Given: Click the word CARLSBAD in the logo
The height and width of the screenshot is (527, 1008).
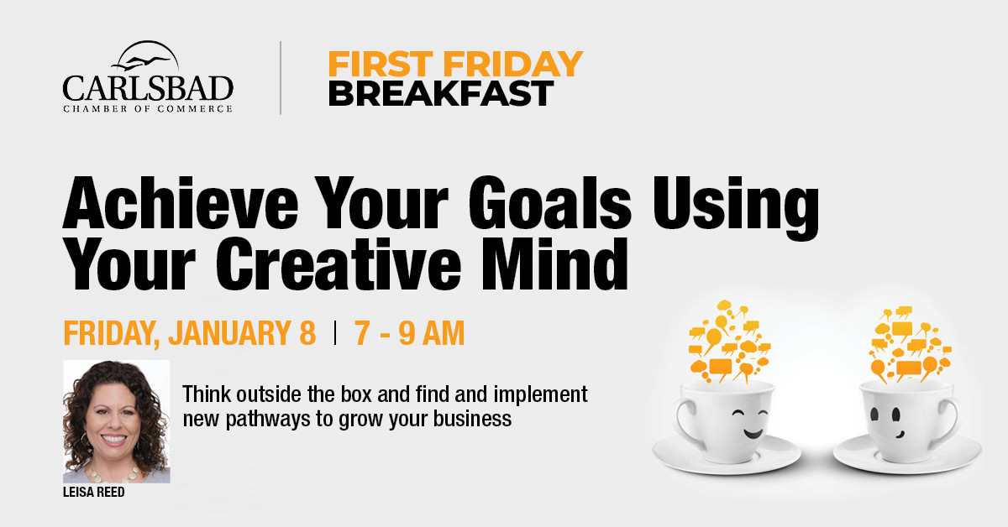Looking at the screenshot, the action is pyautogui.click(x=148, y=88).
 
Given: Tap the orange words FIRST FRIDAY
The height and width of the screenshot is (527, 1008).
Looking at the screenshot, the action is pyautogui.click(x=455, y=64).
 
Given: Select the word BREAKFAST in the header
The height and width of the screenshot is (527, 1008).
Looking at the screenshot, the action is pyautogui.click(x=441, y=93).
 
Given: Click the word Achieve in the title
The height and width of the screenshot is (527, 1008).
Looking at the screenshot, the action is pyautogui.click(x=181, y=203).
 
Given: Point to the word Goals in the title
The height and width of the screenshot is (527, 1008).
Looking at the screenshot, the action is pyautogui.click(x=549, y=203).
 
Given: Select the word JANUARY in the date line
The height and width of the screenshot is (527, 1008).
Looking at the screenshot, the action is pyautogui.click(x=229, y=333).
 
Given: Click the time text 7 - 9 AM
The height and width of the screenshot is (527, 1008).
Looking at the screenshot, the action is pyautogui.click(x=409, y=333).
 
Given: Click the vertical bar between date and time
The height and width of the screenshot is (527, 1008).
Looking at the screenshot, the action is pyautogui.click(x=335, y=333).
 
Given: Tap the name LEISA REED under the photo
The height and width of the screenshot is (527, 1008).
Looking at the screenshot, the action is pyautogui.click(x=93, y=493).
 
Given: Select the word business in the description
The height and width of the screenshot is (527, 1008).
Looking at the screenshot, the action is pyautogui.click(x=472, y=419).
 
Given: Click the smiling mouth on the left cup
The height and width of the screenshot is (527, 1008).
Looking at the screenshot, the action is pyautogui.click(x=753, y=434).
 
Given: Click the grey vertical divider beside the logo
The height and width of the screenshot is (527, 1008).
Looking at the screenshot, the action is pyautogui.click(x=281, y=78).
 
